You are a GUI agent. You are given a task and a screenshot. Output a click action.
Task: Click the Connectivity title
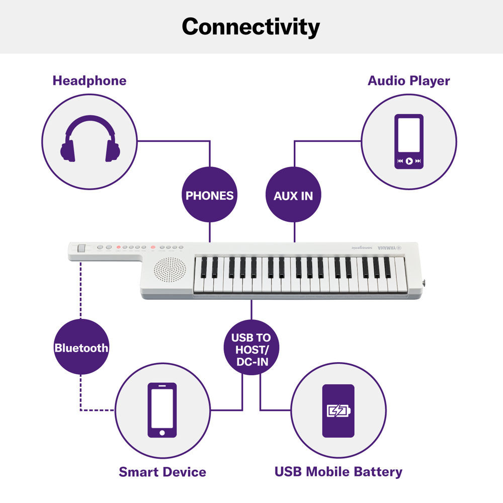coord(250,26)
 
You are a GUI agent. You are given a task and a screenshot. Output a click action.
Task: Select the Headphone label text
coord(90,80)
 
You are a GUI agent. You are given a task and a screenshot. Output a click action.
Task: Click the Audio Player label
coord(408,80)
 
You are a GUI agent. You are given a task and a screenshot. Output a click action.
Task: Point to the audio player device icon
coord(408,141)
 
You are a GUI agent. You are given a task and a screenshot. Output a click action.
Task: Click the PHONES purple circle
coord(209,195)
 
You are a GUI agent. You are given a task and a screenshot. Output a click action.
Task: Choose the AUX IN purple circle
coord(293,195)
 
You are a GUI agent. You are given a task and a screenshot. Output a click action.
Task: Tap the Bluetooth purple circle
coord(81,347)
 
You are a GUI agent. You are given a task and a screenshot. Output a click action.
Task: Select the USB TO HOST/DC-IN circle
coord(251,347)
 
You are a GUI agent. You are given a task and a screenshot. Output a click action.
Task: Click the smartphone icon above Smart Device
coord(162,410)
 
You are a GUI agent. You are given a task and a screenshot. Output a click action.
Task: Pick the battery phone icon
coord(338,410)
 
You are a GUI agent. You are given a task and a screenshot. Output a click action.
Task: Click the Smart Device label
coord(162,472)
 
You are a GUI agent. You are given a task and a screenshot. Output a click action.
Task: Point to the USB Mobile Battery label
coord(338,472)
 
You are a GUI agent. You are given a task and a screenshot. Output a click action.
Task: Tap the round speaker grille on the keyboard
coord(170,271)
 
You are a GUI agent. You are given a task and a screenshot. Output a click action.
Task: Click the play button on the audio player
coord(408,161)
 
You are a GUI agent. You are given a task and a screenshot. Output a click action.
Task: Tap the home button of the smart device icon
coord(162,433)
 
